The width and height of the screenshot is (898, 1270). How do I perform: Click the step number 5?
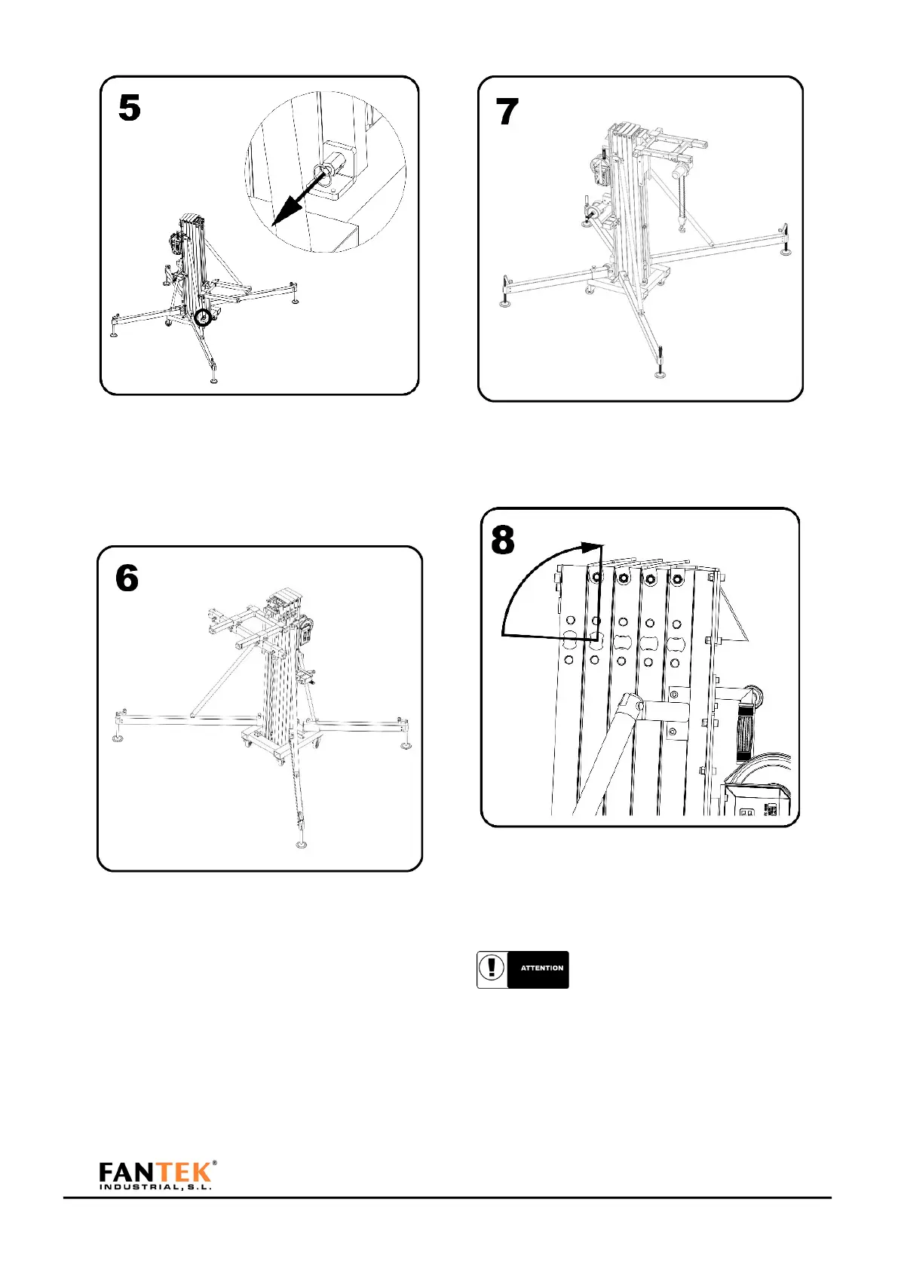(130, 109)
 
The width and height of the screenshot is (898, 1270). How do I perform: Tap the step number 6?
(127, 578)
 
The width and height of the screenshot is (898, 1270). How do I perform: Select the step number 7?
(507, 112)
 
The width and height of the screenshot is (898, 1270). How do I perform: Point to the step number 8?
(503, 541)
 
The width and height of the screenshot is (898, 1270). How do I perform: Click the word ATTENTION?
(541, 968)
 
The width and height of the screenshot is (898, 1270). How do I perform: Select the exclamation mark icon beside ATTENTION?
(492, 968)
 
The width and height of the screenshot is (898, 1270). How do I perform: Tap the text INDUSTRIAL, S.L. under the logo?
(155, 1187)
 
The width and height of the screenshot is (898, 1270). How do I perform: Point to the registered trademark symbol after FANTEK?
(215, 1163)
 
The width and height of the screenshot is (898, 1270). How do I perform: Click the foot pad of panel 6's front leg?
(302, 844)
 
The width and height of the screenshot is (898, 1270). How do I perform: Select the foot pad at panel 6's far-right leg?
(406, 746)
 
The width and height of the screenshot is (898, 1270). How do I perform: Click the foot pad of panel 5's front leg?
(214, 379)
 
